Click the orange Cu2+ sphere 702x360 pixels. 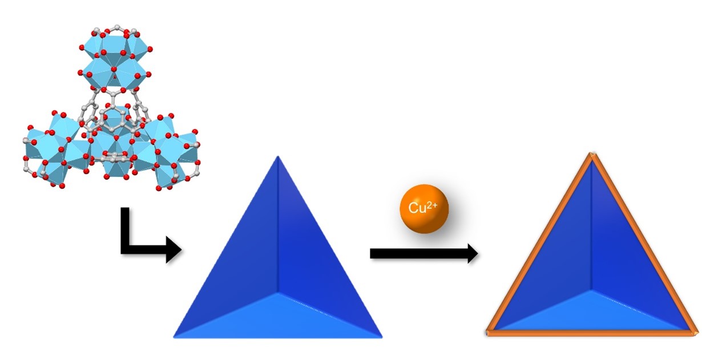point(424,209)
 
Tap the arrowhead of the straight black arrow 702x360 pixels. point(472,253)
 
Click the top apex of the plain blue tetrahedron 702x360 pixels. point(277,157)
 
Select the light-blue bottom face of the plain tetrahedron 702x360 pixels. point(278,317)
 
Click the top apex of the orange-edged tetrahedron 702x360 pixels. point(592,155)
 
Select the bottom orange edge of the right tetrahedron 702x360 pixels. point(591,333)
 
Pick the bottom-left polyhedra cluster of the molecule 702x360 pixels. point(54,151)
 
